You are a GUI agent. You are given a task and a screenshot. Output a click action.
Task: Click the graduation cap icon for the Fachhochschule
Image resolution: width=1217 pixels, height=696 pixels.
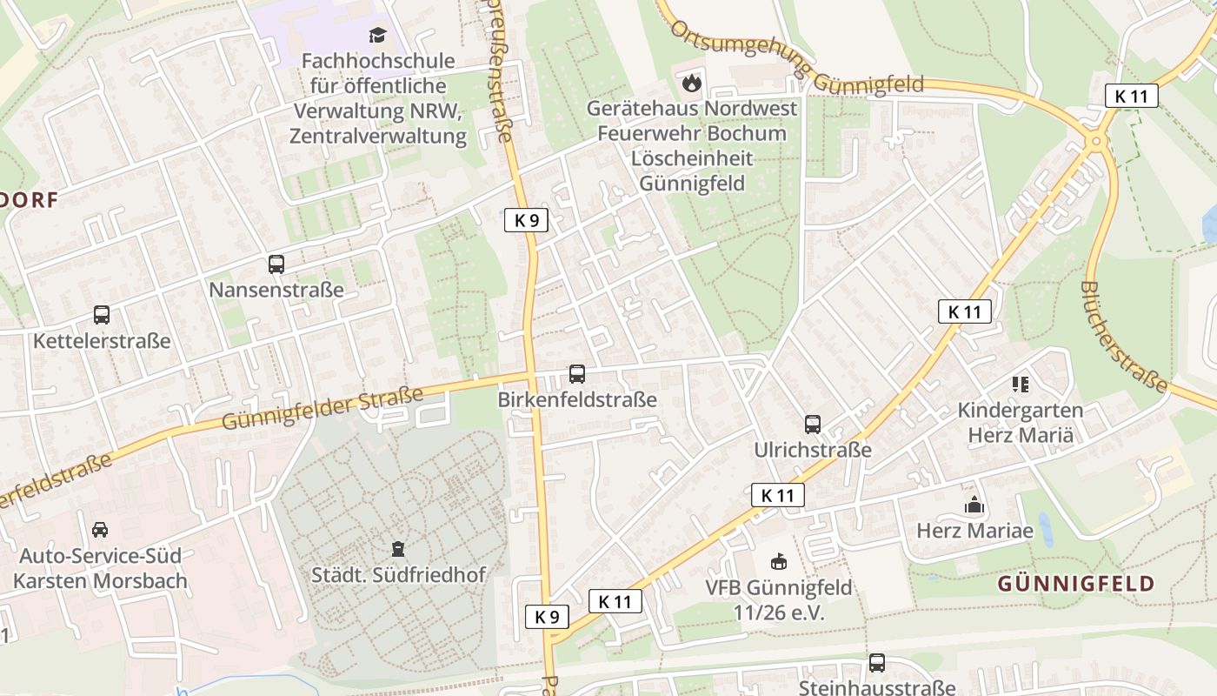tap(377, 36)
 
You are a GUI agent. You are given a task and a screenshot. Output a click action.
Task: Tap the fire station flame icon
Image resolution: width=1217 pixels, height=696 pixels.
tap(692, 84)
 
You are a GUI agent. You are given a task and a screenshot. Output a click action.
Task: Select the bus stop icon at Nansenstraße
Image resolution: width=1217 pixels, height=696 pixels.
tap(276, 264)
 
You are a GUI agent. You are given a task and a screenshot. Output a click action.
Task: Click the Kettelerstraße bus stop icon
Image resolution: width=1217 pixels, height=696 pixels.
tap(102, 315)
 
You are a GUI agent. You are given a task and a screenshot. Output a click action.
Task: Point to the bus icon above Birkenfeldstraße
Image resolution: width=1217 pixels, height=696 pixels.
tap(577, 374)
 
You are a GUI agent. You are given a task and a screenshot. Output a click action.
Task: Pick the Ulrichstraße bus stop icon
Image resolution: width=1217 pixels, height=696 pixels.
tap(813, 425)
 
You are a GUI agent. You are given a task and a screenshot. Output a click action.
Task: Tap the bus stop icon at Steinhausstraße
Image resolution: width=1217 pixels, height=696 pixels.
tap(877, 663)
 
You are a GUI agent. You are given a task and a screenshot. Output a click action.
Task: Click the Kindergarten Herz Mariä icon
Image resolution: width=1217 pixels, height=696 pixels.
tap(1021, 384)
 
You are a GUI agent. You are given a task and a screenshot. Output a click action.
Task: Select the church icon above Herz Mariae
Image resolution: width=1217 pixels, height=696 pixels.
tap(974, 505)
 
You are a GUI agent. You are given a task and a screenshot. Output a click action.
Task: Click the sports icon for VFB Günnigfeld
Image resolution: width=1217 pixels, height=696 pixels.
tap(780, 562)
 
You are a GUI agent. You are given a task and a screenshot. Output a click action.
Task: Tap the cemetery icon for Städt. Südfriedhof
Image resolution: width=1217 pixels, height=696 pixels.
tap(398, 549)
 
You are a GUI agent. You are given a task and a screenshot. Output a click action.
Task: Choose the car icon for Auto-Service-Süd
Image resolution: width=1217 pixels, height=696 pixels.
tap(100, 529)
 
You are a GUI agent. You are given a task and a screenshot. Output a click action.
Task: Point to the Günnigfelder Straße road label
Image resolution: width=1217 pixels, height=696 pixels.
tap(323, 408)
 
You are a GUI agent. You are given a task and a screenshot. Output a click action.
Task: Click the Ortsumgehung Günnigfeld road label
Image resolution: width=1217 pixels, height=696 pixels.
tap(797, 67)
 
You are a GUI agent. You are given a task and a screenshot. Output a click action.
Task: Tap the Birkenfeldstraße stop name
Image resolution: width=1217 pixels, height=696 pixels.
tap(577, 400)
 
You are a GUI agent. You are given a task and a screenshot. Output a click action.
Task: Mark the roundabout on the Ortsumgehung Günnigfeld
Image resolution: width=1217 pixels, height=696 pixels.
tap(1096, 139)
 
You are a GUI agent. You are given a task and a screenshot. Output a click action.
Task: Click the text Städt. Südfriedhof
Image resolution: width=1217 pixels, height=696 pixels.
tap(398, 575)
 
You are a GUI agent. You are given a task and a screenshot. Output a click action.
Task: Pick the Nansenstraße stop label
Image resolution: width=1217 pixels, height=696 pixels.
tap(276, 290)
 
